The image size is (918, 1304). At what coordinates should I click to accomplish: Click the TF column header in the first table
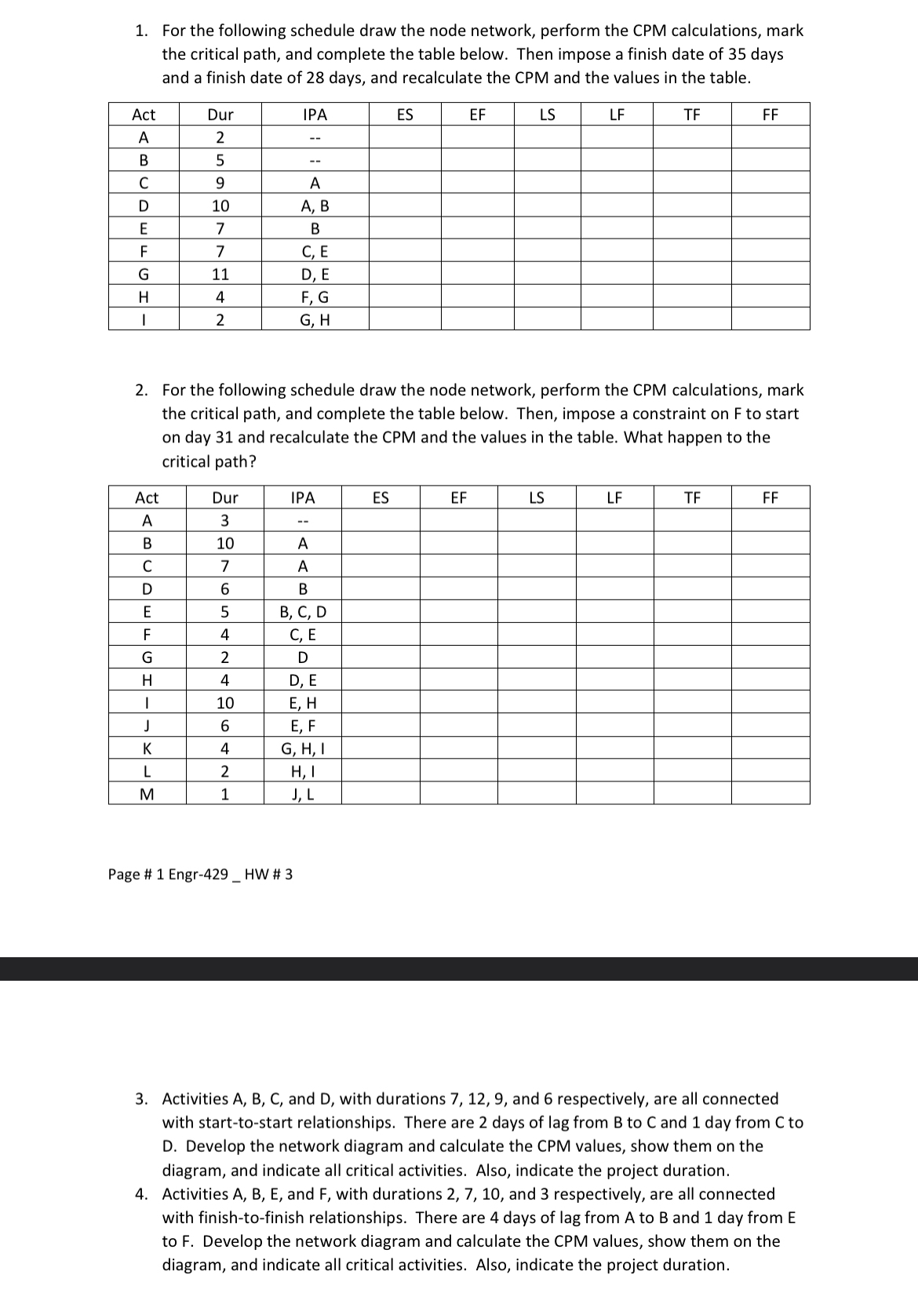(691, 115)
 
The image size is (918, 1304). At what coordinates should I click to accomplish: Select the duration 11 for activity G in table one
(220, 275)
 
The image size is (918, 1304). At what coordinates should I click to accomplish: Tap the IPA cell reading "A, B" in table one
(315, 206)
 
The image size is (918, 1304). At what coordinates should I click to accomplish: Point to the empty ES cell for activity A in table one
(405, 137)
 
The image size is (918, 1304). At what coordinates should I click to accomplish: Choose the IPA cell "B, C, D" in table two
(303, 612)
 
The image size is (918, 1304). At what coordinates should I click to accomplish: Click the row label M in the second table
(147, 794)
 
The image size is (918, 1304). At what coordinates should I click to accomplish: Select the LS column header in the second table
(537, 497)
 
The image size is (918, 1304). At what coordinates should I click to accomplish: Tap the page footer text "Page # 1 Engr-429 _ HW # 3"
(200, 874)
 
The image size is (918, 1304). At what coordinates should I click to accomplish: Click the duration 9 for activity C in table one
(220, 184)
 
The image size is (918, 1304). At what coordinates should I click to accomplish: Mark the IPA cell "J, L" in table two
(303, 794)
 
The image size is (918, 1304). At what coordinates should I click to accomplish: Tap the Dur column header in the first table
(220, 115)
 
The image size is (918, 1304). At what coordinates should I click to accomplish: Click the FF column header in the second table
(770, 497)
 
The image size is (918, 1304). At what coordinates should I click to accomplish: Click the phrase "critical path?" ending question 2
(209, 461)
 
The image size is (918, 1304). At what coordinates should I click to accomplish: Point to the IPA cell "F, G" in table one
(315, 297)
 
